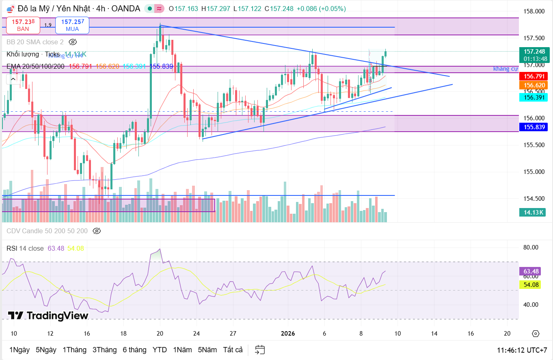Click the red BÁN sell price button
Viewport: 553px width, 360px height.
[x=23, y=25]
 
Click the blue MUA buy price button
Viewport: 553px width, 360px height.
[x=72, y=25]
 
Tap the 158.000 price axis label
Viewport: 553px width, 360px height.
[x=534, y=11]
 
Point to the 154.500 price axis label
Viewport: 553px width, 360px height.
[x=534, y=199]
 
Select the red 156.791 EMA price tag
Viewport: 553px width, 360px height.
[x=534, y=76]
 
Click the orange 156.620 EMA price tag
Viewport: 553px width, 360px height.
[x=534, y=85]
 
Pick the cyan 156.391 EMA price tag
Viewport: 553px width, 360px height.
[x=534, y=97]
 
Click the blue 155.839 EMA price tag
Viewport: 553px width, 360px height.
[x=534, y=127]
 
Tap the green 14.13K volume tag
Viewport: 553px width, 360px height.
[x=534, y=212]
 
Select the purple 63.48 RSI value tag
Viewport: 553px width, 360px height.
[x=531, y=271]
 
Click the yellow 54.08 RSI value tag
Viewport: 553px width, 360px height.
[x=531, y=285]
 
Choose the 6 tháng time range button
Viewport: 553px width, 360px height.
[x=134, y=350]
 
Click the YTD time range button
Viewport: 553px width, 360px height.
[x=160, y=350]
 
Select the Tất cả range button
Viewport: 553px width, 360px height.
[x=233, y=350]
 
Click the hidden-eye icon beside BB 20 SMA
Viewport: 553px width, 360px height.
[x=73, y=42]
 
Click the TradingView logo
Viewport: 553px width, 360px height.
[x=48, y=315]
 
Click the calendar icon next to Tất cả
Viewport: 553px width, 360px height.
[x=260, y=350]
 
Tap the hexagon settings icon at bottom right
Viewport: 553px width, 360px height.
[x=536, y=334]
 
